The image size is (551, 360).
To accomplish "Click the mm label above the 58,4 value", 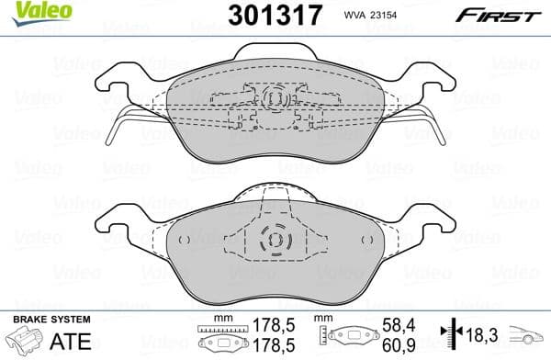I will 324,317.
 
